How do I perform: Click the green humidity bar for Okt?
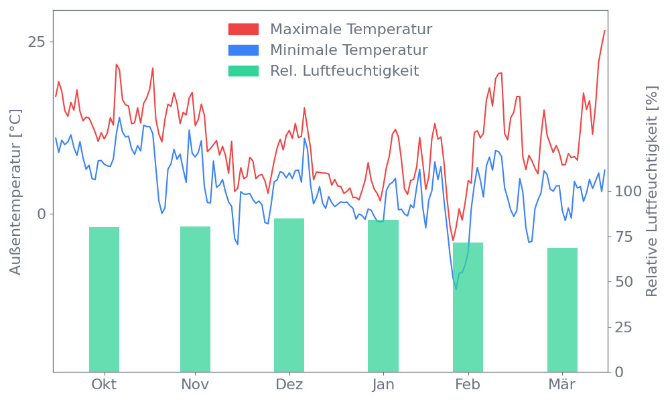pos(104,299)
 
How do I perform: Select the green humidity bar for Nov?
pos(195,299)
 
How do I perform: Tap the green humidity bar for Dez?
pos(289,295)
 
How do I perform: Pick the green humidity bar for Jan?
pos(383,295)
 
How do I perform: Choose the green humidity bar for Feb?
pos(468,307)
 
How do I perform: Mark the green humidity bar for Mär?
pos(562,310)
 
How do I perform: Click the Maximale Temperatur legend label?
pos(351,29)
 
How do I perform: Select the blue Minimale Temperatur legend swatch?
pos(243,50)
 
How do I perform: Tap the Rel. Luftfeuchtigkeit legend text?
pos(344,71)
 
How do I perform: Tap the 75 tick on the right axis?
pos(624,237)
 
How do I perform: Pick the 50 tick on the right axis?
pos(624,282)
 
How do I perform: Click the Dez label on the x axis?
pos(289,385)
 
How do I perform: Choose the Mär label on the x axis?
pos(562,385)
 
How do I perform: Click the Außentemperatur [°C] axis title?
pos(16,192)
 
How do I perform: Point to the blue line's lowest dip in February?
pos(456,287)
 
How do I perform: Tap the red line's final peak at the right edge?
pos(604,30)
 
